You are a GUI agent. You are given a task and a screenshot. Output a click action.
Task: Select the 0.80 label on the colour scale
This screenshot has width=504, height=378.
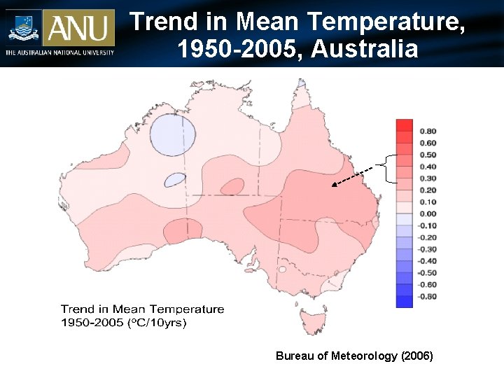tap(428, 131)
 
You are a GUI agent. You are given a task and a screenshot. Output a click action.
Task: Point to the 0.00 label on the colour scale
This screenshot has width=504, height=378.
tap(428, 214)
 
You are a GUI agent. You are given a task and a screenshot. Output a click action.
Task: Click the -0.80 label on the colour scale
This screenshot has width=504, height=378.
tap(427, 297)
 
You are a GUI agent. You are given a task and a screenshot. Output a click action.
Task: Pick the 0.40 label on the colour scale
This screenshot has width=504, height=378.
tap(428, 167)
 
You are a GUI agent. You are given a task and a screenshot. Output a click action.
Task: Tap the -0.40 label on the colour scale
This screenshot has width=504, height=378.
tap(427, 261)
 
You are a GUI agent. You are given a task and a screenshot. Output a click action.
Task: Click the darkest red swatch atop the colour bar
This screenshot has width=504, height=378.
tap(405, 125)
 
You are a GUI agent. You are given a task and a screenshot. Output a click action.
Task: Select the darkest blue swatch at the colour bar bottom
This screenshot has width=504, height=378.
tap(405, 302)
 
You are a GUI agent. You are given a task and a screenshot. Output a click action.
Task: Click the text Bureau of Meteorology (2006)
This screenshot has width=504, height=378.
tap(354, 356)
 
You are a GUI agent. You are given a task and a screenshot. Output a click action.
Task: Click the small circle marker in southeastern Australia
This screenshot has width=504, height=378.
tap(282, 269)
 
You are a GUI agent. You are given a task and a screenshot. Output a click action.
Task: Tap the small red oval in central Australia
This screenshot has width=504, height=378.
tap(232, 186)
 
